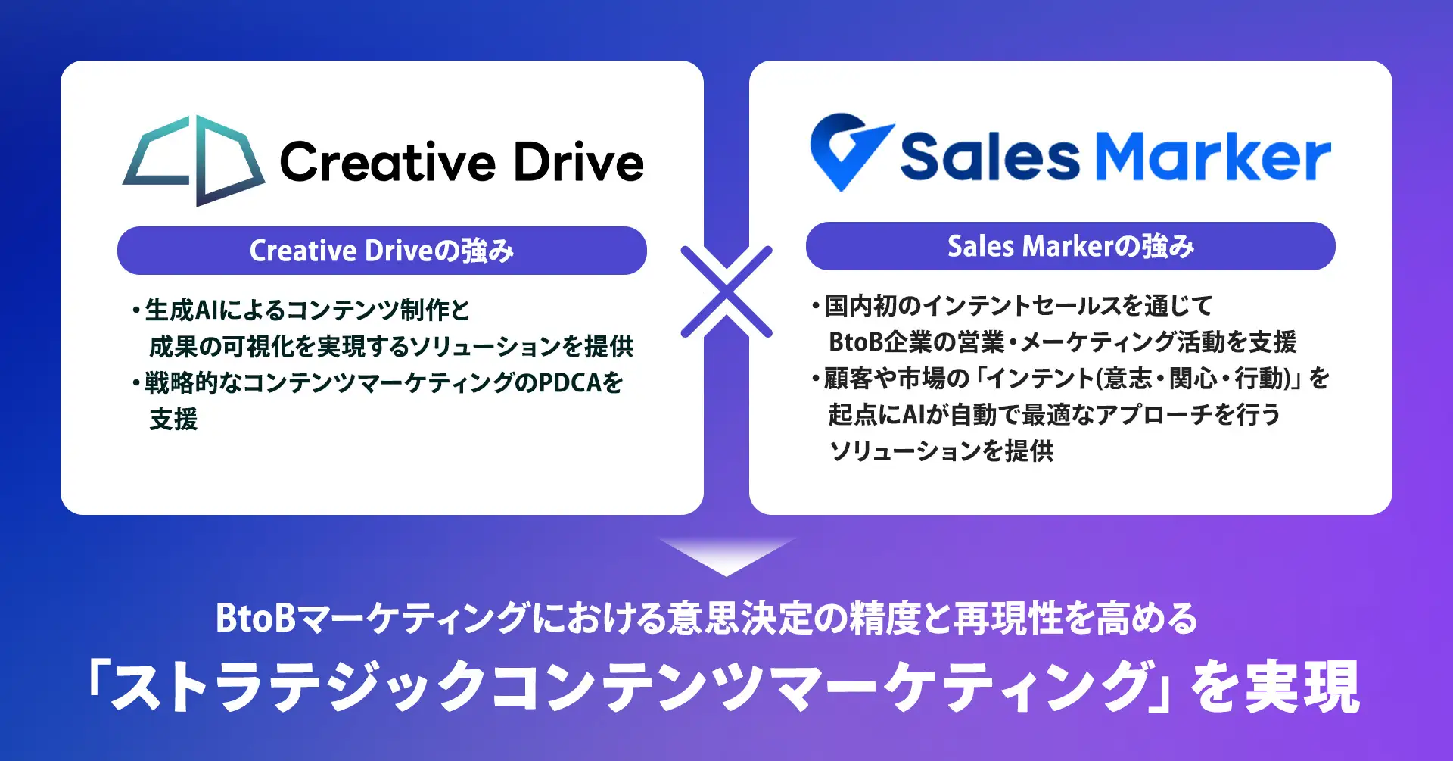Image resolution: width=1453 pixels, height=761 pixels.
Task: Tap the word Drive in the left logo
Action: (579, 162)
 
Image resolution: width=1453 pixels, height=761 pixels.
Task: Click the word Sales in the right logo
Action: (990, 157)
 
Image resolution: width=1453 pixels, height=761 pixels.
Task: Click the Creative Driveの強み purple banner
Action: (382, 251)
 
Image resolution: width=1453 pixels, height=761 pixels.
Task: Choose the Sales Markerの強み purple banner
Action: (1071, 246)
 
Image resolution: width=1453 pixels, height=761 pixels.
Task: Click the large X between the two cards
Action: (726, 292)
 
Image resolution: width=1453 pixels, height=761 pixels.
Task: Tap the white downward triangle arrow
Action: (726, 557)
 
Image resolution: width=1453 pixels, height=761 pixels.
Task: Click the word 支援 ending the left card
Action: (173, 419)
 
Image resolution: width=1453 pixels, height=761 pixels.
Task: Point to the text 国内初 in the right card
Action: (860, 305)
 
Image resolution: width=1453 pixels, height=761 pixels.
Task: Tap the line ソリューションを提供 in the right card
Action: (941, 451)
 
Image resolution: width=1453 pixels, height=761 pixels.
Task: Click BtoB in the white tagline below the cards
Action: (255, 618)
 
